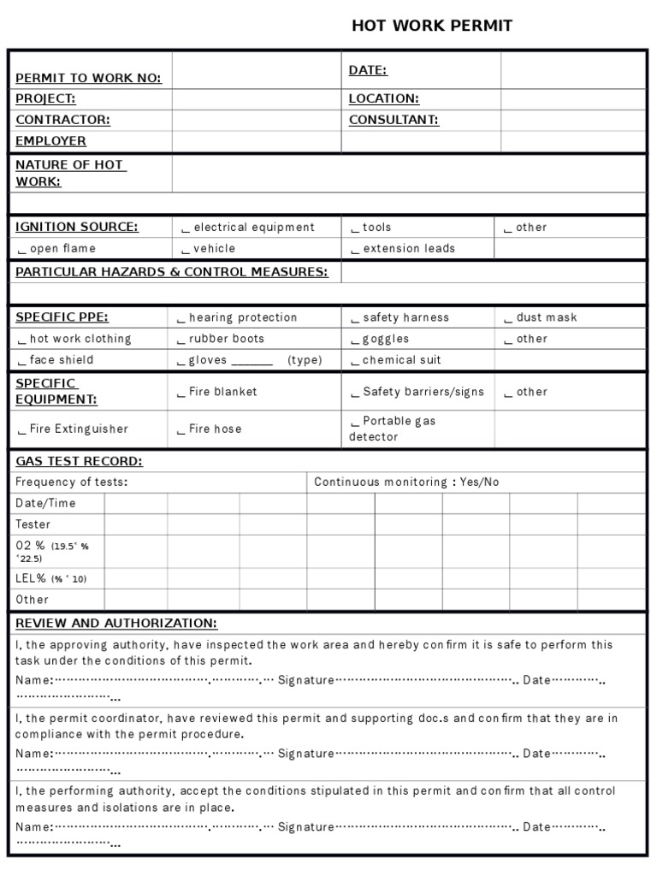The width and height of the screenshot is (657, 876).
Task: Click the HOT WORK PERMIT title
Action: [432, 26]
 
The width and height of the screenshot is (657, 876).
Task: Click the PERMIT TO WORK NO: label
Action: [88, 78]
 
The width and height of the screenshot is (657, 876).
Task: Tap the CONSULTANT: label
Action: [394, 120]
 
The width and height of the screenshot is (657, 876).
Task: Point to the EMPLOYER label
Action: [50, 141]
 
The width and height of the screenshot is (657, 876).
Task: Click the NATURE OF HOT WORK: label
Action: [70, 173]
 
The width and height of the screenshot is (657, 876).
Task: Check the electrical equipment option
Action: [248, 228]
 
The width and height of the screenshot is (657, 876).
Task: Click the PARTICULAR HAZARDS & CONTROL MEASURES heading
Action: [172, 272]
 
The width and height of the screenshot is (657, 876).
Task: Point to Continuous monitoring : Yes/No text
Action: [406, 482]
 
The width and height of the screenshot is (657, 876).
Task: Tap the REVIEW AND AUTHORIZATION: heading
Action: [116, 623]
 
